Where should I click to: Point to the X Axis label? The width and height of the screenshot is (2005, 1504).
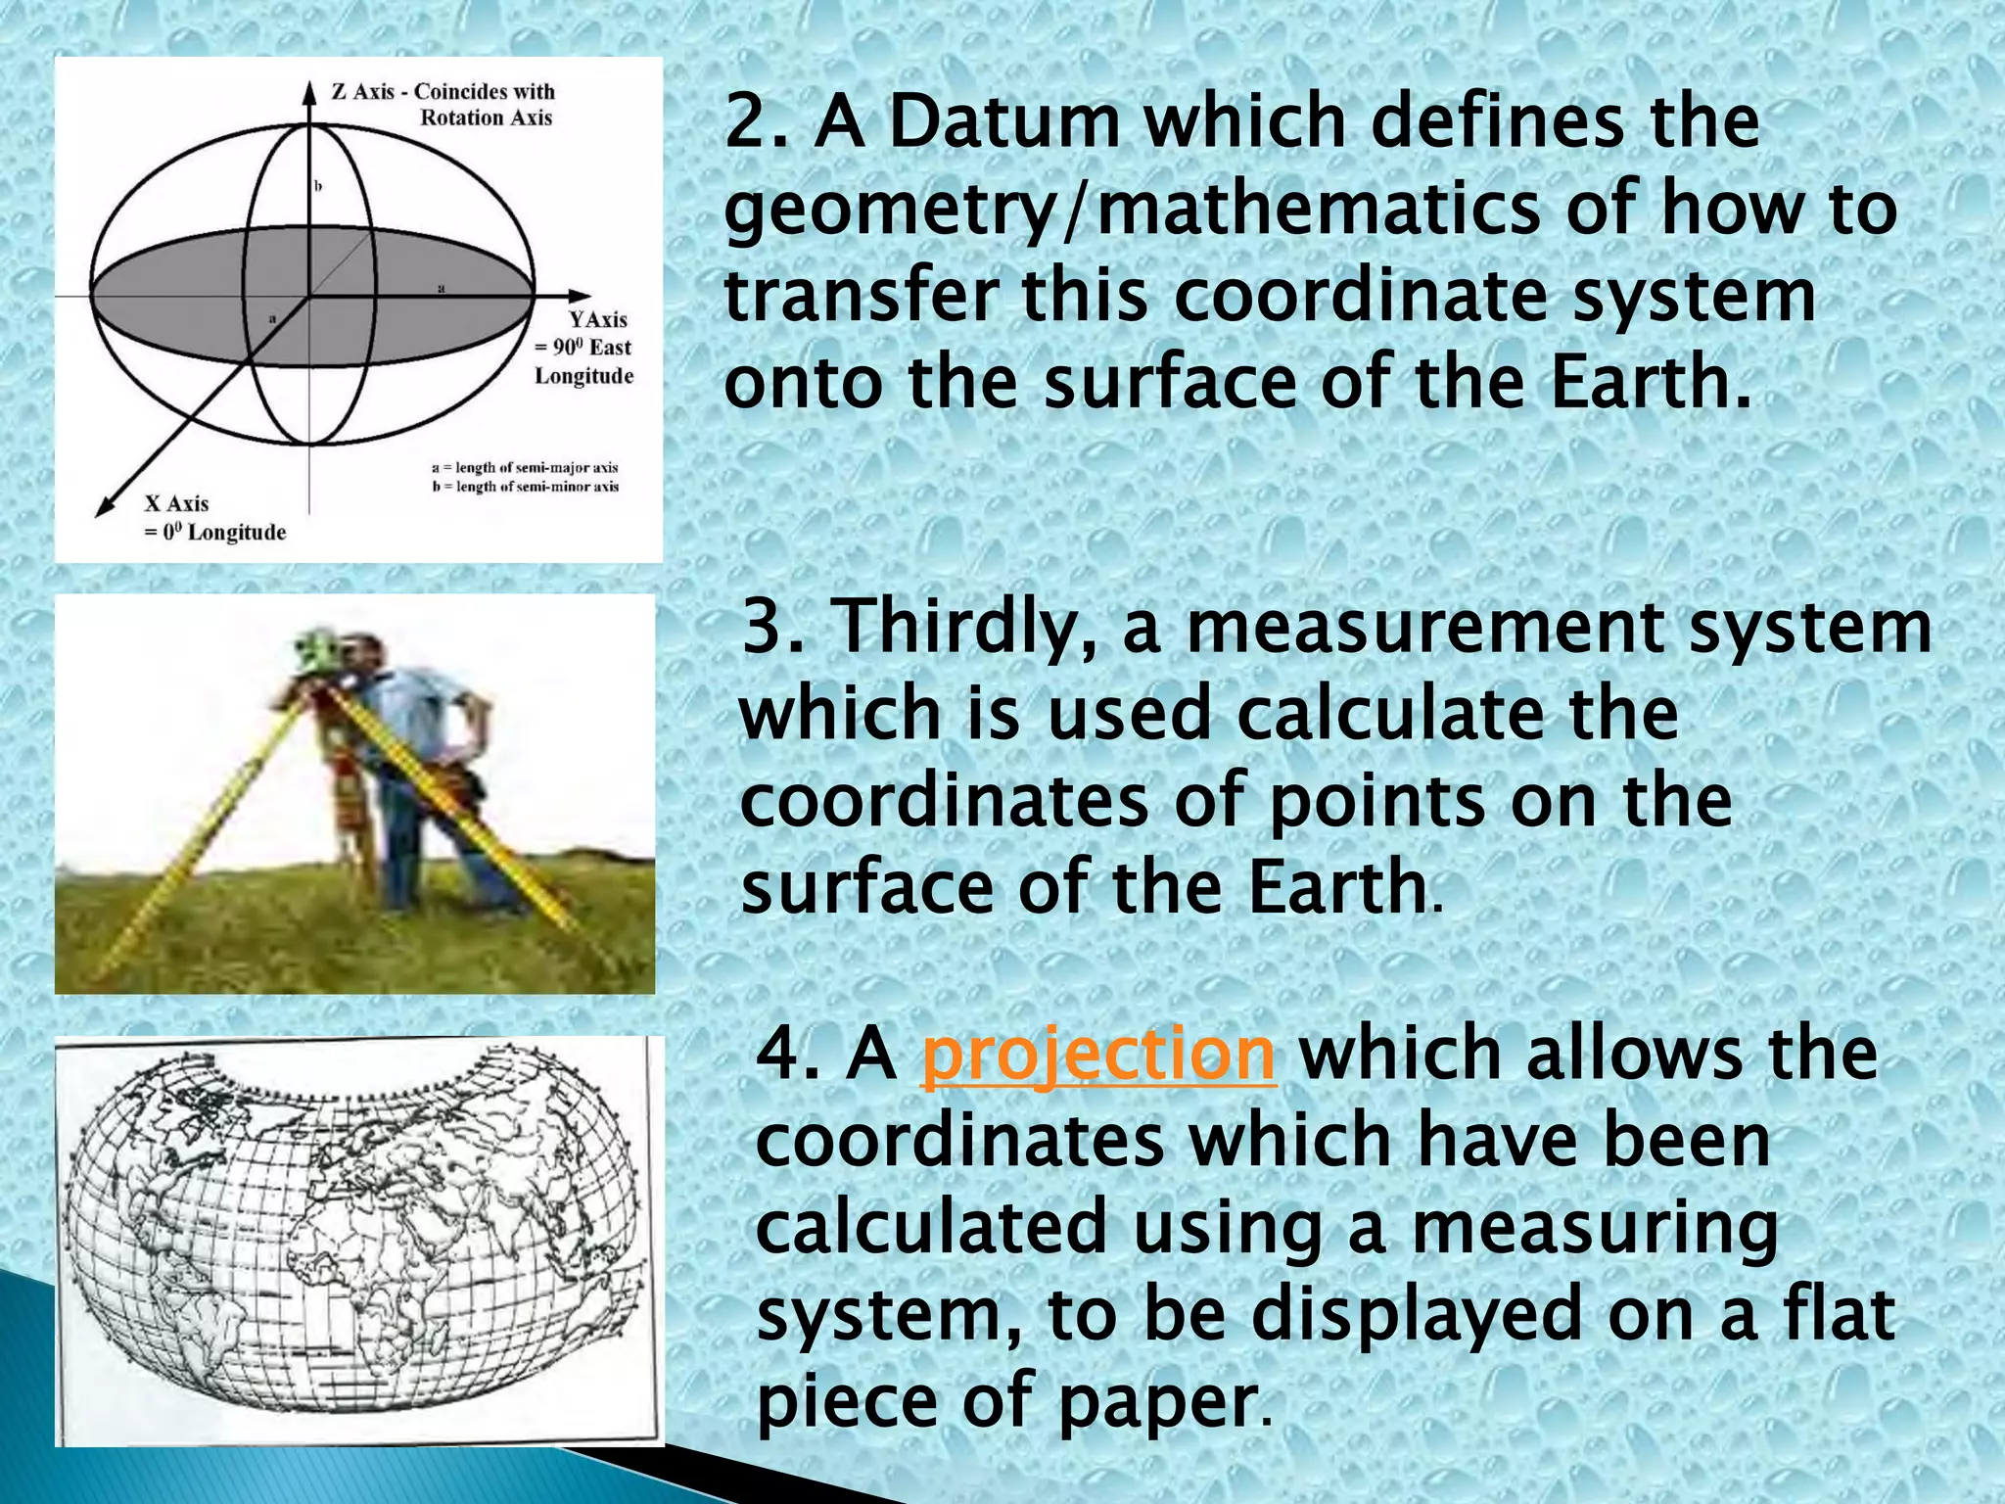tap(177, 503)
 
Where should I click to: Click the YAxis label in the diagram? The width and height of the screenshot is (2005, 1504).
tap(598, 319)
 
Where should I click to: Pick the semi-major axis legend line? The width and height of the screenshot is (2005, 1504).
tap(525, 468)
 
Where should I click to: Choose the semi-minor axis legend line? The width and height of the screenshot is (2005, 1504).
tap(525, 487)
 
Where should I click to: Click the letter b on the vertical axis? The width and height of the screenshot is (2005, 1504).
tap(318, 185)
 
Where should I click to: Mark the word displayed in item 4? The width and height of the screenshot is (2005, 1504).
tap(1416, 1314)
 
